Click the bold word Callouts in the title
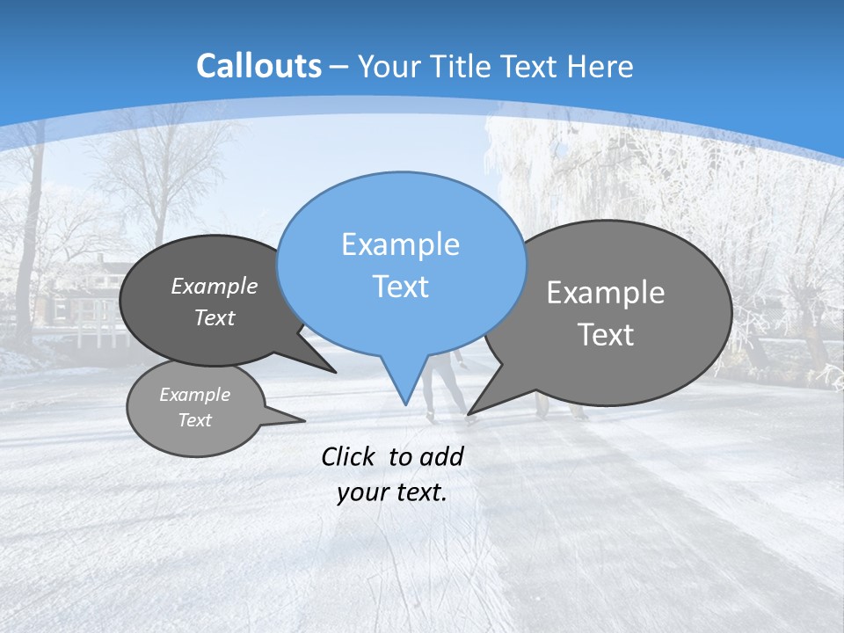click(258, 66)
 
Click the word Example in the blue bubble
click(400, 244)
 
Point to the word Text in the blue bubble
click(400, 287)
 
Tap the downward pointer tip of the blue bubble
click(405, 404)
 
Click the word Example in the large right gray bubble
click(606, 293)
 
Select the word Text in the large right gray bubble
click(606, 335)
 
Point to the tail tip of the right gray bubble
click(469, 413)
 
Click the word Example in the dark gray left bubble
click(215, 286)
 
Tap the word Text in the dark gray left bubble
click(215, 317)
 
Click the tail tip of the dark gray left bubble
click(335, 372)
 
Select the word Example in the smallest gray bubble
click(194, 395)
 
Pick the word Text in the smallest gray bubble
click(194, 420)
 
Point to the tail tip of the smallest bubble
click(304, 420)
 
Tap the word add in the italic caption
click(441, 456)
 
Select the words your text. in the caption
click(392, 493)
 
